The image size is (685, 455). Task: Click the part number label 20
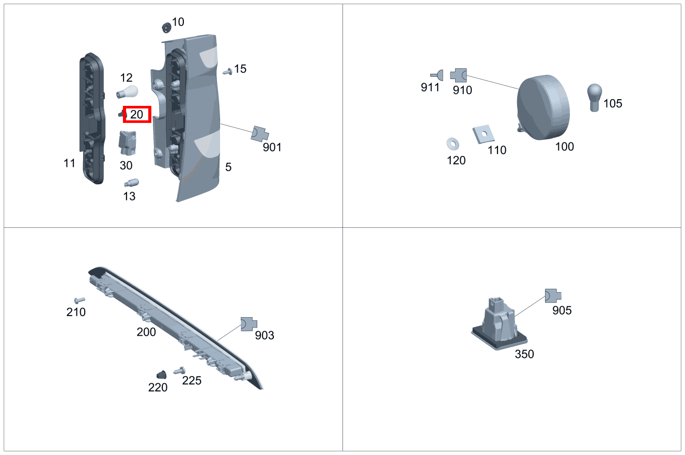(137, 115)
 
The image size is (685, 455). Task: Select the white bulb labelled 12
(127, 93)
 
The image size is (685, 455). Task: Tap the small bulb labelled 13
(131, 183)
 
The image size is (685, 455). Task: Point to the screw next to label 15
(227, 71)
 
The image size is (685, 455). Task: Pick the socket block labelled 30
(128, 143)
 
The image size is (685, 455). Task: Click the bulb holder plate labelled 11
(91, 119)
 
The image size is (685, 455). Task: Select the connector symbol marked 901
(260, 134)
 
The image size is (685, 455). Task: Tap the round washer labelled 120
(453, 143)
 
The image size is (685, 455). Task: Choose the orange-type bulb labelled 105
(594, 97)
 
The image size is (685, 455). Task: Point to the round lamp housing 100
(544, 107)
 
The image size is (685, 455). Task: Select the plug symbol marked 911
(437, 75)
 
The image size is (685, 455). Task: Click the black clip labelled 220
(161, 374)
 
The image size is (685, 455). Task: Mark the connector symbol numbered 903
(248, 324)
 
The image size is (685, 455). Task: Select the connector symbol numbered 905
(553, 295)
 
